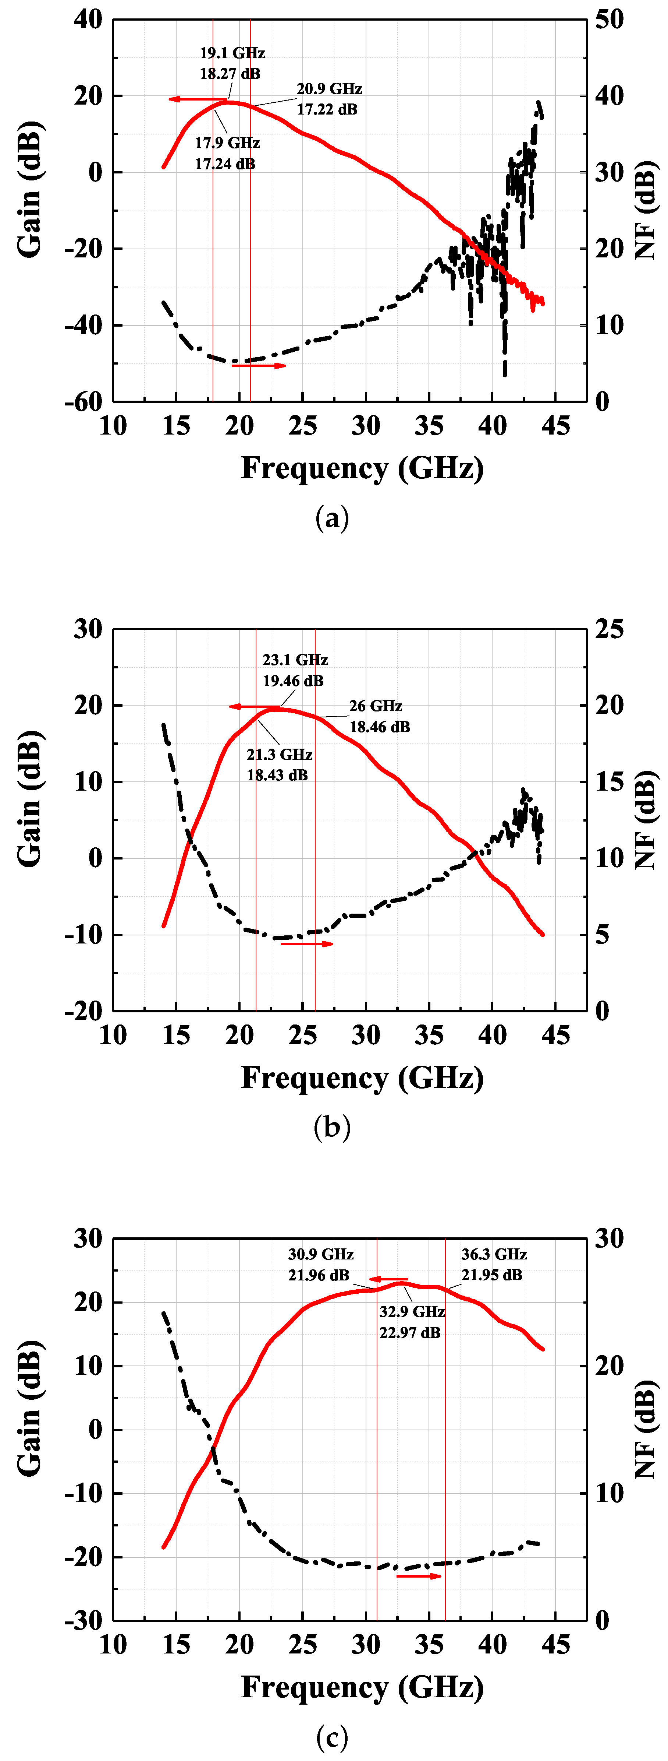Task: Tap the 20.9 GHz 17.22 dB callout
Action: (328, 99)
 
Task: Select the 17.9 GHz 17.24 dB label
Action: (227, 153)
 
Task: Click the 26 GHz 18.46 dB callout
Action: (379, 716)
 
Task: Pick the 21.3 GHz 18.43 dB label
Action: (279, 764)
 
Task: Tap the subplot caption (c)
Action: (333, 1736)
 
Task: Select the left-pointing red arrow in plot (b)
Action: (254, 706)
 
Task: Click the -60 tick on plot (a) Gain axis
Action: (83, 402)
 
